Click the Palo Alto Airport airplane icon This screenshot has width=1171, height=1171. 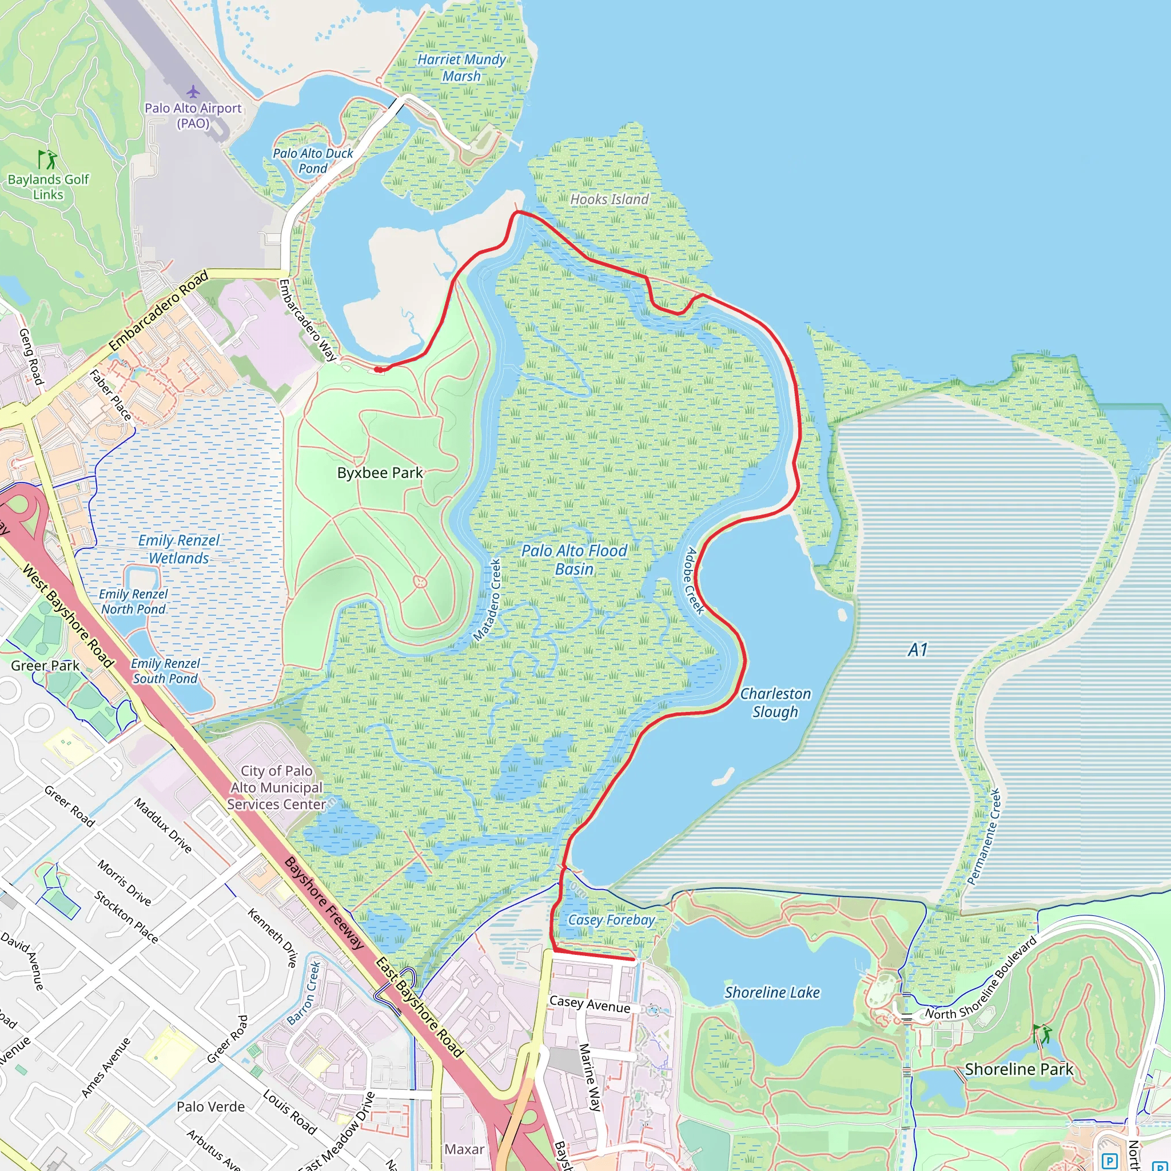click(x=193, y=91)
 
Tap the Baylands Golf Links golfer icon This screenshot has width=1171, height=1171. click(x=47, y=160)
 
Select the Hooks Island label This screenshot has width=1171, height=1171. click(x=609, y=200)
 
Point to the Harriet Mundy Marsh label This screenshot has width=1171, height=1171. click(x=461, y=68)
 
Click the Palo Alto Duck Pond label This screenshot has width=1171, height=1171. click(x=313, y=161)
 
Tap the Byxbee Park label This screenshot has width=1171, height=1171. click(x=380, y=473)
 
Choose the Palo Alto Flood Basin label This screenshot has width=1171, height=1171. click(x=574, y=559)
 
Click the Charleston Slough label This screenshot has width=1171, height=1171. click(x=775, y=703)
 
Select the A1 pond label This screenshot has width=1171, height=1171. click(x=918, y=650)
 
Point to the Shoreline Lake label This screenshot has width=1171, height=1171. click(x=771, y=992)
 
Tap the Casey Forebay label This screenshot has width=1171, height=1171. click(x=612, y=920)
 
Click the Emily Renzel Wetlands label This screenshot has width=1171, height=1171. click(x=179, y=549)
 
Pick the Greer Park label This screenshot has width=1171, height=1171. click(x=45, y=666)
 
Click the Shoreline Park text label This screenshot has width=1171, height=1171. click(x=1019, y=1069)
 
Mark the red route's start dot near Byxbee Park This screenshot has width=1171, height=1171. click(x=377, y=369)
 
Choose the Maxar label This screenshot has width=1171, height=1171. click(x=464, y=1149)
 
